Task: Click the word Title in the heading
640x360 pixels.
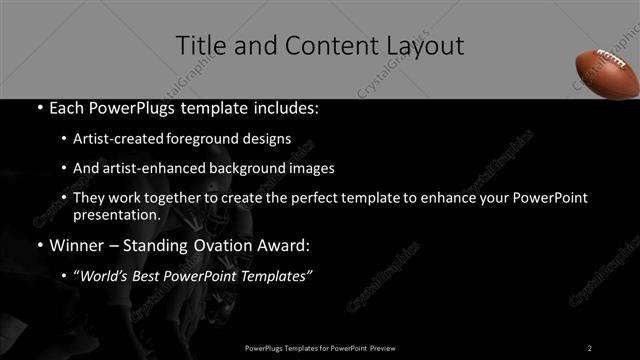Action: (199, 45)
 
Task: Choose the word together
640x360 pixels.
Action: (177, 198)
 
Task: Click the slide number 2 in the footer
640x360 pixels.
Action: (590, 347)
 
